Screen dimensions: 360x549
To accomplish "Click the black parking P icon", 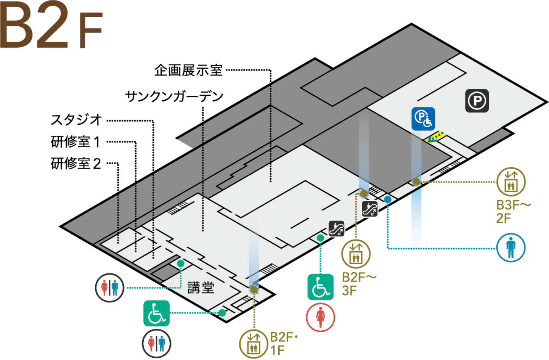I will (477, 101).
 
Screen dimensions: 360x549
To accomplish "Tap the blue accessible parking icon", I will (423, 119).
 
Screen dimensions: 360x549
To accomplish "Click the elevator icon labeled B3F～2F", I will (510, 182).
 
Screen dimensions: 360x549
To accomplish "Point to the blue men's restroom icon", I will (510, 248).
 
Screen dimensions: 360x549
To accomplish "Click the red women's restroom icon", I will (320, 317).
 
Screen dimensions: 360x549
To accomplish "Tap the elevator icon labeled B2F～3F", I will (356, 254).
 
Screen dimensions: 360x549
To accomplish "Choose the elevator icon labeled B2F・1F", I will (254, 344).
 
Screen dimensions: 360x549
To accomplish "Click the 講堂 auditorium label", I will (201, 288).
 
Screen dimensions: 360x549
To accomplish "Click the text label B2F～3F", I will (358, 284).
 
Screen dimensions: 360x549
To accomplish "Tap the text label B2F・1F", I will (283, 344).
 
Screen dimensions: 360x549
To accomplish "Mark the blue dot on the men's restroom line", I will (388, 199).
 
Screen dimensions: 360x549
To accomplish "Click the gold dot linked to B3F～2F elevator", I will (416, 182).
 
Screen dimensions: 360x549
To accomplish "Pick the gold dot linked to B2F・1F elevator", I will (254, 289).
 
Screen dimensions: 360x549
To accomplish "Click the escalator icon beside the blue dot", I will (369, 209).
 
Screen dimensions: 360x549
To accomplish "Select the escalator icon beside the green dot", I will (337, 228).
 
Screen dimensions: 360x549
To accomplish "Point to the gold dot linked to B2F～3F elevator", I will (364, 194).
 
